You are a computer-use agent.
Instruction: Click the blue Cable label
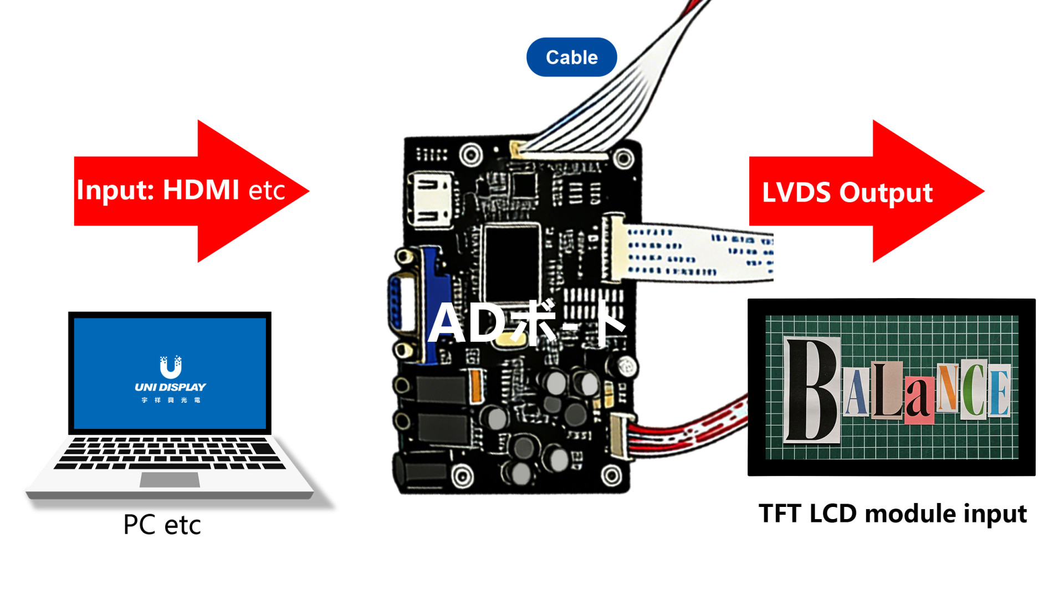(x=571, y=57)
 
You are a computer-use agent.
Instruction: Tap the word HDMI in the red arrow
(x=201, y=190)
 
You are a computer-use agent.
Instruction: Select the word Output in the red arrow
(x=886, y=193)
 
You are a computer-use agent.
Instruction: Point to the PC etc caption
(x=162, y=525)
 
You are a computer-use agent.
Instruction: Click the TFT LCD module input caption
(x=892, y=514)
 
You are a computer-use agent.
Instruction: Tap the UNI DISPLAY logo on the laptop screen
(x=170, y=380)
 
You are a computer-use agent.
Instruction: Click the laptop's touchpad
(x=170, y=480)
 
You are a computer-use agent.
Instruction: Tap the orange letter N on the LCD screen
(x=948, y=388)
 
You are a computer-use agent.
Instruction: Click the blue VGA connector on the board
(x=421, y=305)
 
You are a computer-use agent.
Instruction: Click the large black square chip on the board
(x=511, y=260)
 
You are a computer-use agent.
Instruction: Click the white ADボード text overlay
(x=526, y=324)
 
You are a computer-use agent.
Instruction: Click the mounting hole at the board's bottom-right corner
(x=611, y=475)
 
